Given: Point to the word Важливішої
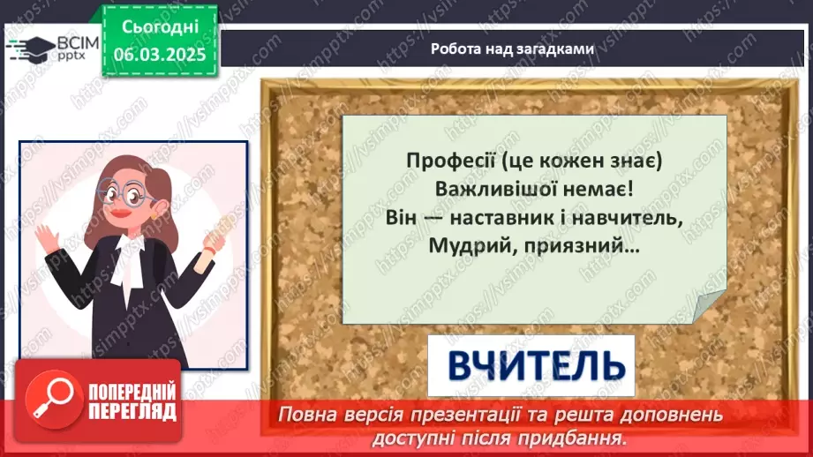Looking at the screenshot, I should (x=487, y=190).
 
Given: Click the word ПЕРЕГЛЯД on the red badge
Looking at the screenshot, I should (x=133, y=411).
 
